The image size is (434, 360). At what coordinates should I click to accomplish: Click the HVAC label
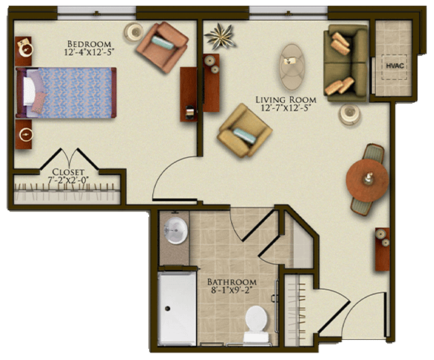[x=394, y=66]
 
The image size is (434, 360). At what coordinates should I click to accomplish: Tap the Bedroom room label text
[x=89, y=44]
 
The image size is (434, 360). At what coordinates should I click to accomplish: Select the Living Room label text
[x=286, y=100]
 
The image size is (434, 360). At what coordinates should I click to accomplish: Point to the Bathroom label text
[x=232, y=282]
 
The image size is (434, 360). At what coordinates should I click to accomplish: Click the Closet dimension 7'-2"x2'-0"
[x=68, y=180]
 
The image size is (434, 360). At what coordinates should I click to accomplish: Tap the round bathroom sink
[x=175, y=230]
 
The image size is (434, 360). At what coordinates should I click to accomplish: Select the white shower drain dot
[x=168, y=309]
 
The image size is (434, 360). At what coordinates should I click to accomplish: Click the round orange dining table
[x=368, y=180]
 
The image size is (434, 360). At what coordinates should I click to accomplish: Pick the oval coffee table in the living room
[x=292, y=66]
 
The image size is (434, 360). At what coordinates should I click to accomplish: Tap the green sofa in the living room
[x=346, y=63]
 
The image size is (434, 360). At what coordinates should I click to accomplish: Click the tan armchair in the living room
[x=245, y=130]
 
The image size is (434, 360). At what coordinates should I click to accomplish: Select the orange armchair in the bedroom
[x=163, y=47]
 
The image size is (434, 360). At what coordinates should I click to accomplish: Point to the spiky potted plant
[x=220, y=37]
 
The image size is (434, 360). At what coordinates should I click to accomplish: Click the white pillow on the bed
[x=29, y=91]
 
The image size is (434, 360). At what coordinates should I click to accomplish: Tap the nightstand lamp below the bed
[x=26, y=135]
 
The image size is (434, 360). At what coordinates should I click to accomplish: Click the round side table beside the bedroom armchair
[x=133, y=32]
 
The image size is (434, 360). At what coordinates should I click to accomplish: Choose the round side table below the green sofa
[x=349, y=114]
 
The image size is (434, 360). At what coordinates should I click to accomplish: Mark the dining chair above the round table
[x=374, y=154]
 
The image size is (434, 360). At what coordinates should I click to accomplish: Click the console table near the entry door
[x=383, y=249]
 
